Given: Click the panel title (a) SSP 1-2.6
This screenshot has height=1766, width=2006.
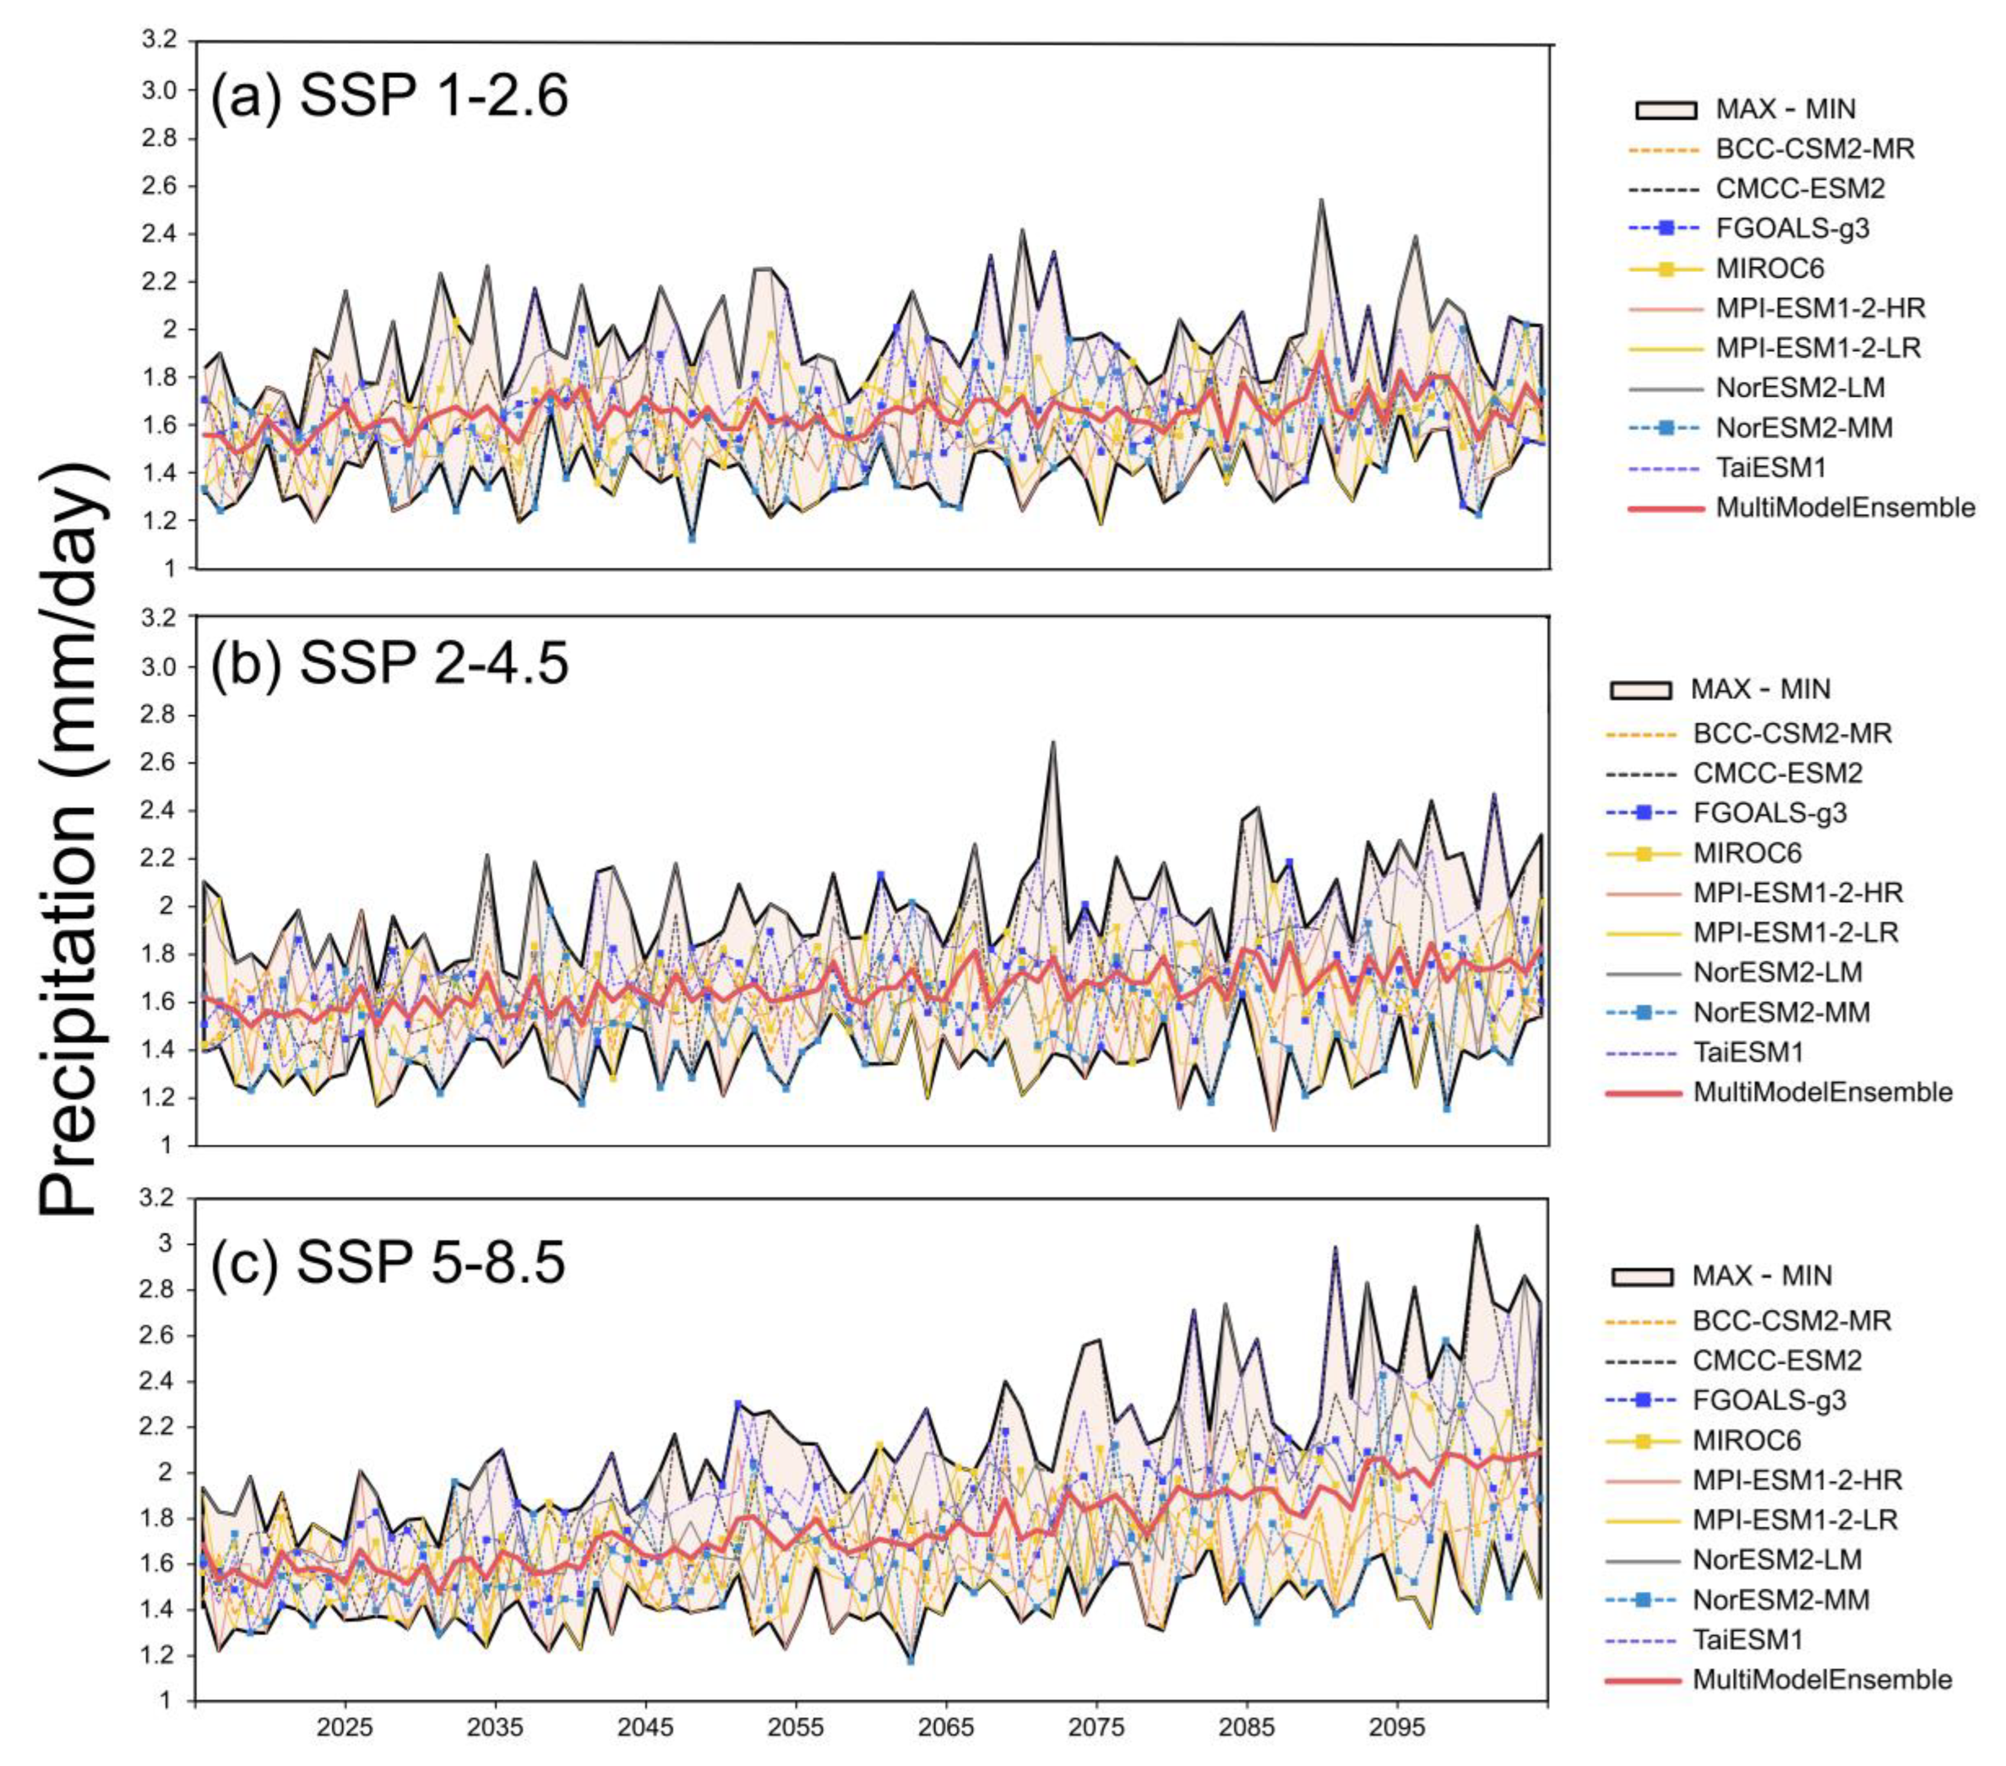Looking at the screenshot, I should [x=389, y=98].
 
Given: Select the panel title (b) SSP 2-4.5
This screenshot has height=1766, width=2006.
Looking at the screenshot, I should [x=389, y=665].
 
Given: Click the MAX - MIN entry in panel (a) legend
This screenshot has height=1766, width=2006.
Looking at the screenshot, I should [x=1785, y=109].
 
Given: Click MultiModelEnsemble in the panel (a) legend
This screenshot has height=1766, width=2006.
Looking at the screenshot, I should [x=1844, y=507].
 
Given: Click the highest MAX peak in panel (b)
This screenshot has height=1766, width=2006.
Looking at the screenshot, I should [x=1053, y=743].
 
